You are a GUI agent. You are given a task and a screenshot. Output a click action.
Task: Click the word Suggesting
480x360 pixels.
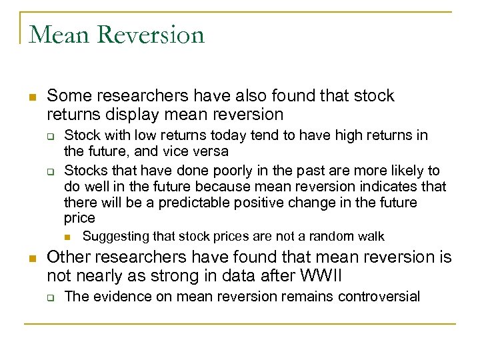click(115, 237)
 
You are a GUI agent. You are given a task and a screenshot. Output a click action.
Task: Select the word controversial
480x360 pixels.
click(379, 297)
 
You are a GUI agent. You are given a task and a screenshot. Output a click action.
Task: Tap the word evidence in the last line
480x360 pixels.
click(113, 297)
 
